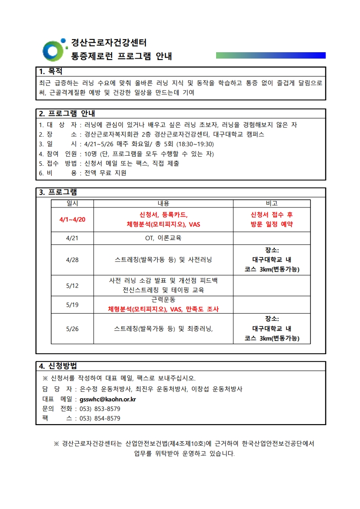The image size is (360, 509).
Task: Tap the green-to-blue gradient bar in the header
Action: coord(271,55)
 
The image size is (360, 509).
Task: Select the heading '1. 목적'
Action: coord(50,72)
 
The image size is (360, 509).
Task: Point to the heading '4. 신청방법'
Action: coord(58,366)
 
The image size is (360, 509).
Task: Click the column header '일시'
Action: coord(72,203)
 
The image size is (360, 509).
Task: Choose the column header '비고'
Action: coord(271,203)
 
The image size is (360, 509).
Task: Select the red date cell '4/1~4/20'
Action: coord(72,219)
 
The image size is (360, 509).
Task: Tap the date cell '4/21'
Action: coord(72,238)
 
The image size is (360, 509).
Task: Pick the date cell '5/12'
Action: coord(72,286)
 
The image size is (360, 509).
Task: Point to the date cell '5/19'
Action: coord(72,305)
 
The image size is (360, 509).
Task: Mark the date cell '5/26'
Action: coord(72,329)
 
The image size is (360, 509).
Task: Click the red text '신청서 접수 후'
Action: coord(271,215)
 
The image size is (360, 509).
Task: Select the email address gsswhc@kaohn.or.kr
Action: coord(108,400)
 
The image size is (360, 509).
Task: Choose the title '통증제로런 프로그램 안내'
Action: coord(122,57)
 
